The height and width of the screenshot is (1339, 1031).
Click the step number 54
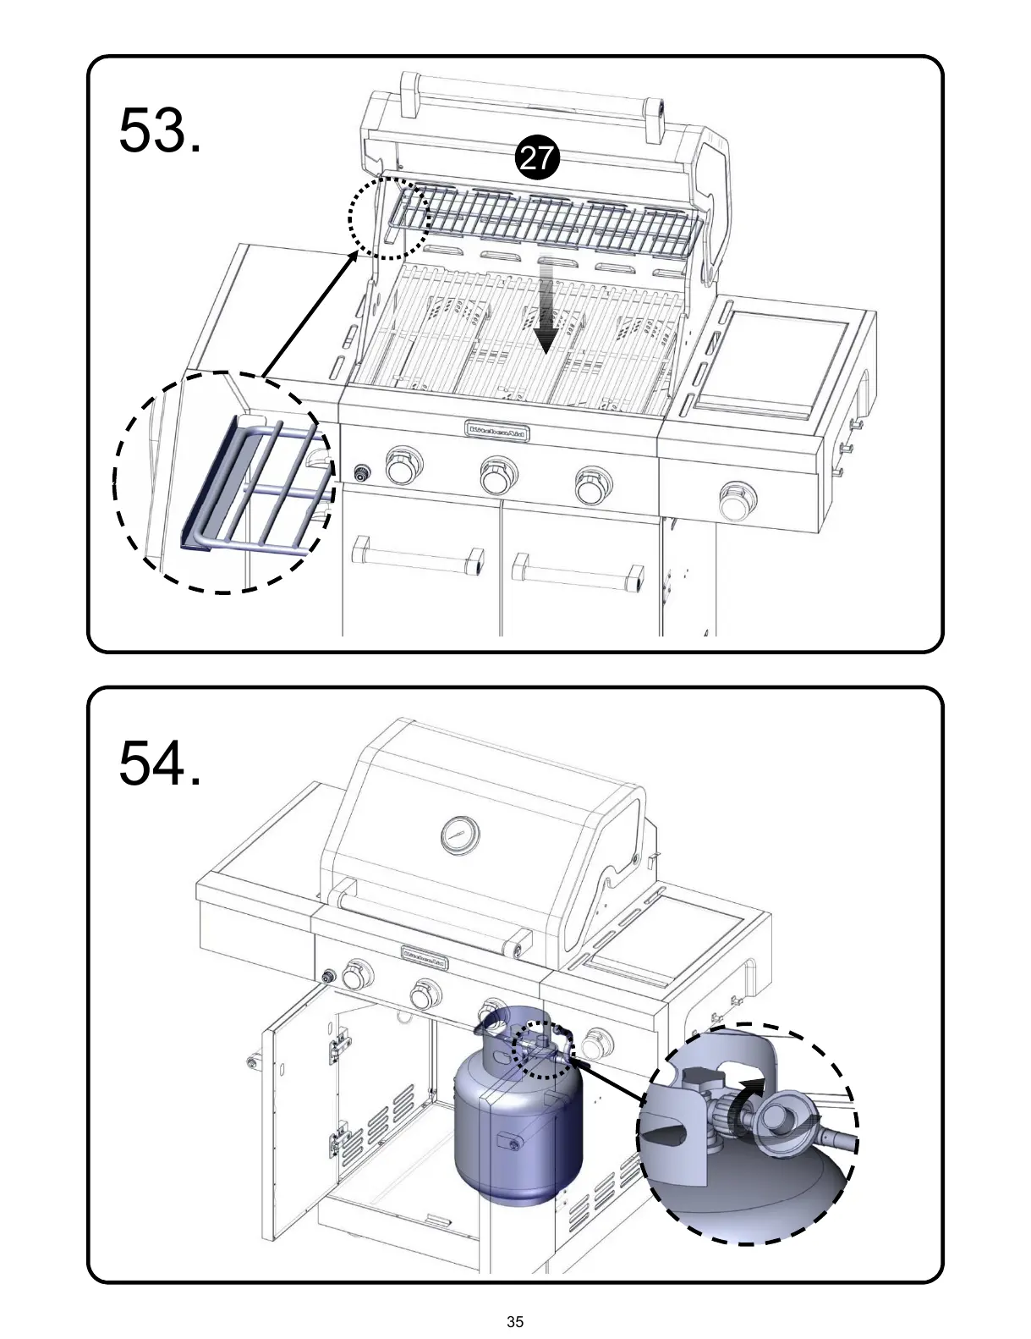[160, 762]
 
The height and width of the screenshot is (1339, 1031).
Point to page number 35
[515, 1321]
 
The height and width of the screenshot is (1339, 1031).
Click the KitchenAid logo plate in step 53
[499, 430]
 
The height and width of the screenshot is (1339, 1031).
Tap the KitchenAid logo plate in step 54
[425, 956]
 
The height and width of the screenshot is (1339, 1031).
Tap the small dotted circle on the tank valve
[541, 1050]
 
